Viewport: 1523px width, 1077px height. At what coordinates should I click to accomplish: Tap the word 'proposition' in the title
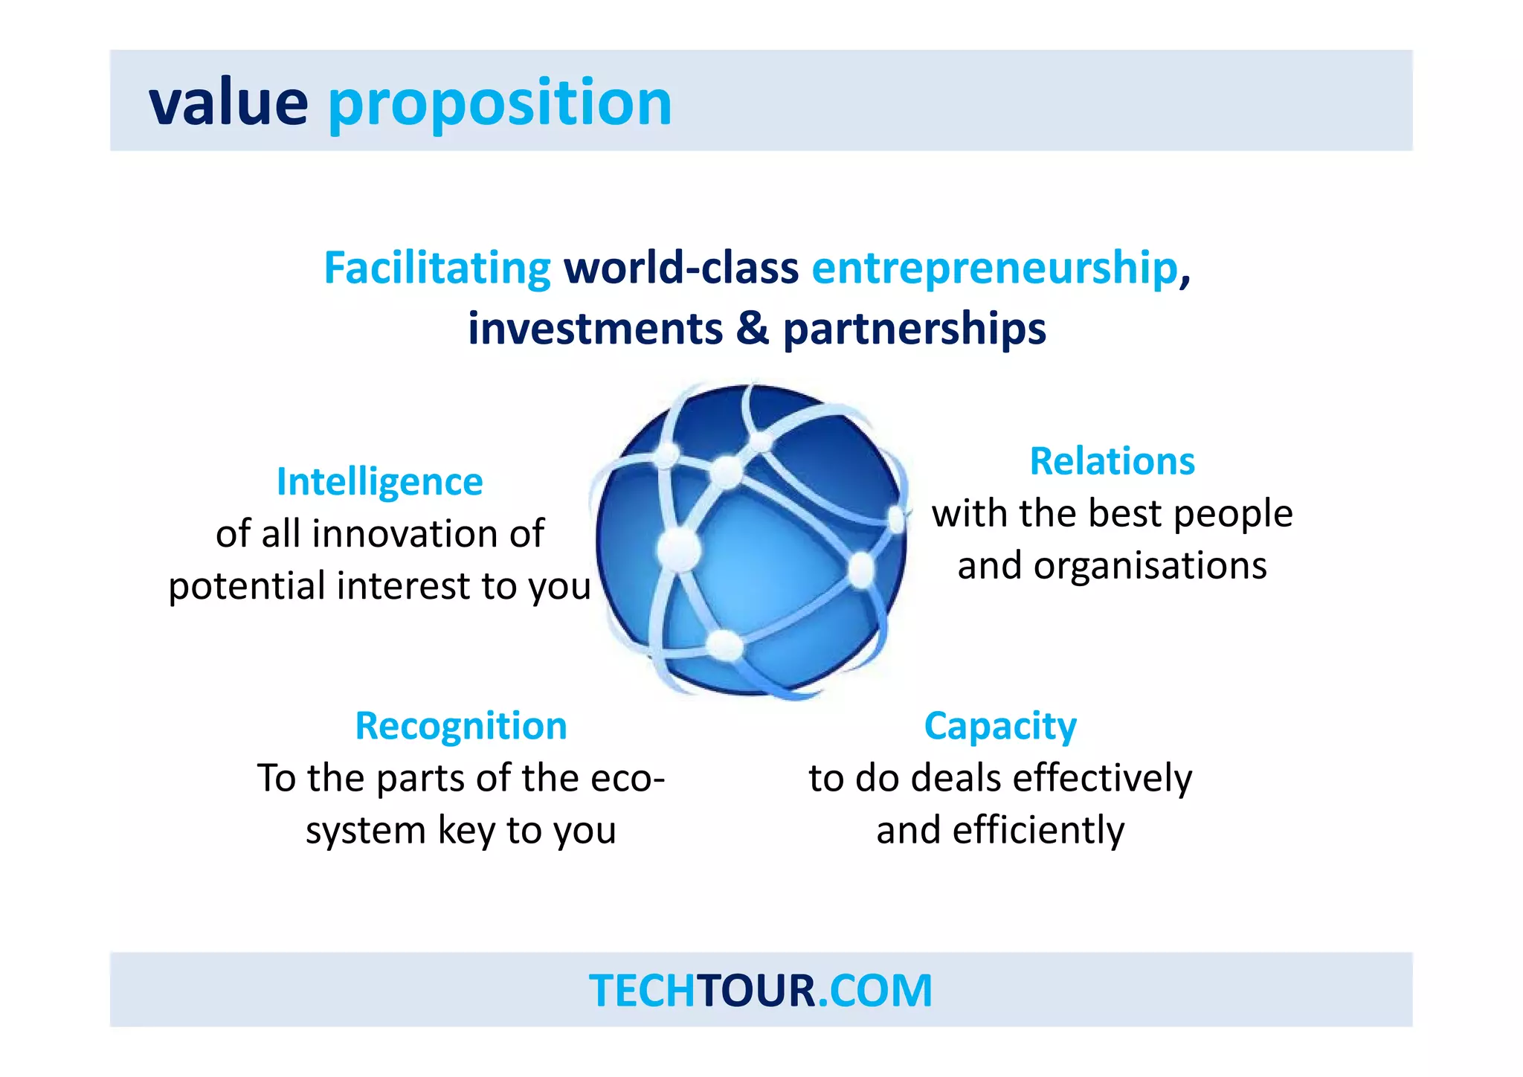pos(500,104)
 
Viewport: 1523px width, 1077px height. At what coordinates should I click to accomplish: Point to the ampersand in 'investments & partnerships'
pos(753,328)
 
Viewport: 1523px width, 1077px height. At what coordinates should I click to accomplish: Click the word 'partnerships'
pos(915,329)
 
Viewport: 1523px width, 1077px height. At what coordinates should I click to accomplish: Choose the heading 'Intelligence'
pos(379,482)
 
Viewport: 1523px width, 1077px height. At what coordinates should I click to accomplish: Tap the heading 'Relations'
pos(1112,461)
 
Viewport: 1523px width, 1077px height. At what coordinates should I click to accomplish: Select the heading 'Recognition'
pos(461,726)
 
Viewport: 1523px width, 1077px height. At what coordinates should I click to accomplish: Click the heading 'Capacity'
pos(1000,726)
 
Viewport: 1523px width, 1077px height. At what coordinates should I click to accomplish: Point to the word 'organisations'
pos(1150,566)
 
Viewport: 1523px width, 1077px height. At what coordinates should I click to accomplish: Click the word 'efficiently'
pos(1038,831)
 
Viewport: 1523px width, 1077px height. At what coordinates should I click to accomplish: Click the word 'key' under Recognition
pos(466,831)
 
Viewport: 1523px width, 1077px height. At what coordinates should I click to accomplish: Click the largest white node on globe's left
pos(678,549)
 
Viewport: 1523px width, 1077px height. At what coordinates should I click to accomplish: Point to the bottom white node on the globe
pos(724,644)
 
